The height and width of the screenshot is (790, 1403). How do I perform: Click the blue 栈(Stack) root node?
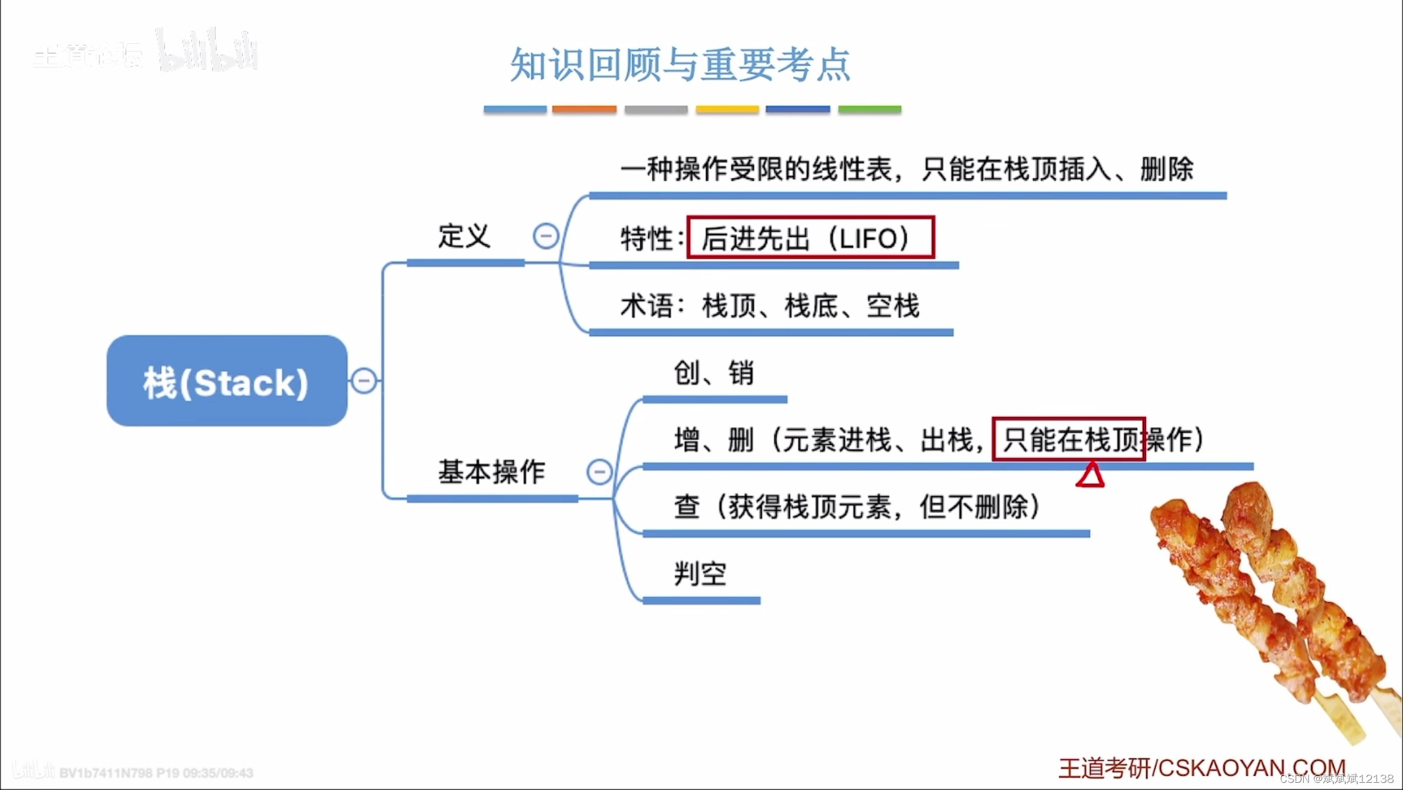(227, 381)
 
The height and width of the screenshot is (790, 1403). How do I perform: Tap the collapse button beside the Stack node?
(364, 381)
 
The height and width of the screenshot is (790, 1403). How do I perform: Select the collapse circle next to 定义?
(546, 236)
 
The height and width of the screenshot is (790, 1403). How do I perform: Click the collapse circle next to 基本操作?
(599, 472)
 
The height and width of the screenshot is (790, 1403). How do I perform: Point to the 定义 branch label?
(464, 236)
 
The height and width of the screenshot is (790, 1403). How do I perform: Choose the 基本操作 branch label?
(492, 472)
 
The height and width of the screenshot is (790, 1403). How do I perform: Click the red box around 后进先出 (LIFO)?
(810, 237)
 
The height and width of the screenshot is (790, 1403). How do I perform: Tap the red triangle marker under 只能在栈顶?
(1090, 476)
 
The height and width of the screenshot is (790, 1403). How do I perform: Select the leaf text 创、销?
(713, 374)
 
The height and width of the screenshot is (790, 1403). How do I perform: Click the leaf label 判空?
(700, 574)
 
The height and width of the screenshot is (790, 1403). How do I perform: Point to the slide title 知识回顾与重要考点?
(681, 64)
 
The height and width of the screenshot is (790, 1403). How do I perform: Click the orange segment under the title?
(584, 109)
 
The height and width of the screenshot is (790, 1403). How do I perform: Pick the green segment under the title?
(869, 109)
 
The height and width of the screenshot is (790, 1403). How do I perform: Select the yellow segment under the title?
(727, 109)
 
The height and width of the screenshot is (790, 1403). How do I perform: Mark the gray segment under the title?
(656, 109)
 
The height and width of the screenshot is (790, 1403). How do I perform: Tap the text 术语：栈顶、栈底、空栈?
(770, 306)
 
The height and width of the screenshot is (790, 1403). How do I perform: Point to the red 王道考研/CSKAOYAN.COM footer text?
(1201, 768)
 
